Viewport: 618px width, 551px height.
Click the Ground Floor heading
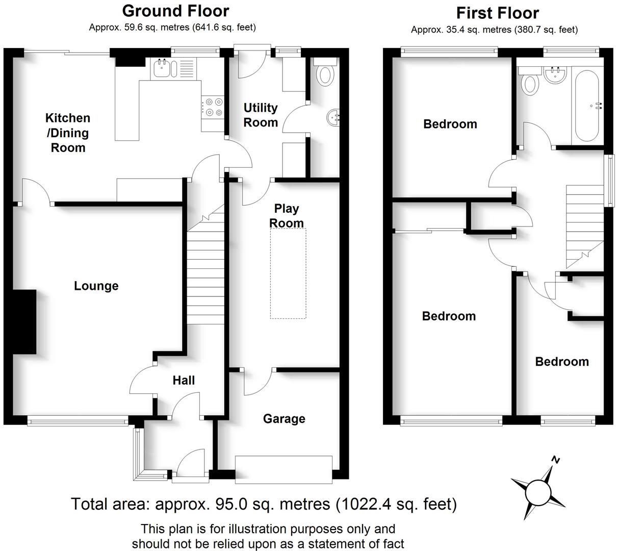coord(175,11)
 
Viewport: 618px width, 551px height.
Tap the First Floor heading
coord(497,13)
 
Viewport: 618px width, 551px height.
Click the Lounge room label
coord(96,286)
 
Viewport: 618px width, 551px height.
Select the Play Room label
coord(287,216)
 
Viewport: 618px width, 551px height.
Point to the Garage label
coord(284,419)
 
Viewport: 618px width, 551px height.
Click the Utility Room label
coord(261,115)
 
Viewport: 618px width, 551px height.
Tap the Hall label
coord(184,380)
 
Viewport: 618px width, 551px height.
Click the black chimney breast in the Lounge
coord(24,322)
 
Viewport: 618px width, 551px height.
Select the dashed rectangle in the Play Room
coord(288,273)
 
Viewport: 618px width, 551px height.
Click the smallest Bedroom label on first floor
coord(561,362)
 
